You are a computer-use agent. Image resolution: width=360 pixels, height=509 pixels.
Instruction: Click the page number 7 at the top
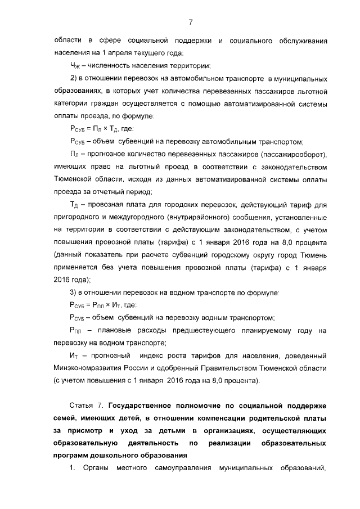(x=191, y=22)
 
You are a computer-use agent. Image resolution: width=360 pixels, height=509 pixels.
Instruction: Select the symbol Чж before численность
(x=75, y=66)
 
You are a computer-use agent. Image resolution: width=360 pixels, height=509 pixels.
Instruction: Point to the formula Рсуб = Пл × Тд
(x=96, y=128)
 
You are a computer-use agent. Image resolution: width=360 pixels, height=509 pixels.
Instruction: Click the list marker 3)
(x=74, y=292)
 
